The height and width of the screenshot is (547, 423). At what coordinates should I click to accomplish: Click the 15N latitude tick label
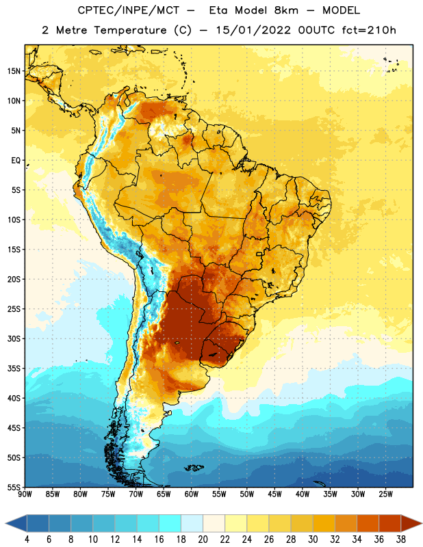14,71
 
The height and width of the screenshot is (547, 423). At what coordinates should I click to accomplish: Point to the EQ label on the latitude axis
16,161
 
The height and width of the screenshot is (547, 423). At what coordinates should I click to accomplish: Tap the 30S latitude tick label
14,338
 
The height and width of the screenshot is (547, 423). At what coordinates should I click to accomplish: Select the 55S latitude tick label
14,487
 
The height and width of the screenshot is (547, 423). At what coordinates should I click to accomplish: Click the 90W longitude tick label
25,494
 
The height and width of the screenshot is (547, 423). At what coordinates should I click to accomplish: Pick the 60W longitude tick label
192,494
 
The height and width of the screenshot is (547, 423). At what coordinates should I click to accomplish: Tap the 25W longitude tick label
385,494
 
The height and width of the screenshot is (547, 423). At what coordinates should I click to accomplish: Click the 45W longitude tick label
274,494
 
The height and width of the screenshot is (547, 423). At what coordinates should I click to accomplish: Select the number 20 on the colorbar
203,539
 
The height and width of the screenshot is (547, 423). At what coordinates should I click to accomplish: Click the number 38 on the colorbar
401,539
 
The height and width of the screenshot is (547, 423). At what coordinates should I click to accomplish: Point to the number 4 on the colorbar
27,539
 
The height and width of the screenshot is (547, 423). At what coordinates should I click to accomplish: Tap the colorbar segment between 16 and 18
170,523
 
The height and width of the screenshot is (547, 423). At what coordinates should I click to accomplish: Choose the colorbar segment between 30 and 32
324,523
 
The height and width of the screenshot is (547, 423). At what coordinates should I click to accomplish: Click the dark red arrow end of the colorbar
411,523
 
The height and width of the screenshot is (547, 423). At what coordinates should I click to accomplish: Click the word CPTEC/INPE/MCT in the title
128,10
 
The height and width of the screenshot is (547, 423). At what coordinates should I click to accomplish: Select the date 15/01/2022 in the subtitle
253,30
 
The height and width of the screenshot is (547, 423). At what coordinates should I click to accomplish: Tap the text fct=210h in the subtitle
369,30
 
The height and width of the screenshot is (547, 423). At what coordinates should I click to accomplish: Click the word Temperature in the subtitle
130,30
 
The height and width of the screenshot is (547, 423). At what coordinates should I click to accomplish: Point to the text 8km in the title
286,10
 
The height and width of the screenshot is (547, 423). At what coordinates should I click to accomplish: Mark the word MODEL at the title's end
341,10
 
